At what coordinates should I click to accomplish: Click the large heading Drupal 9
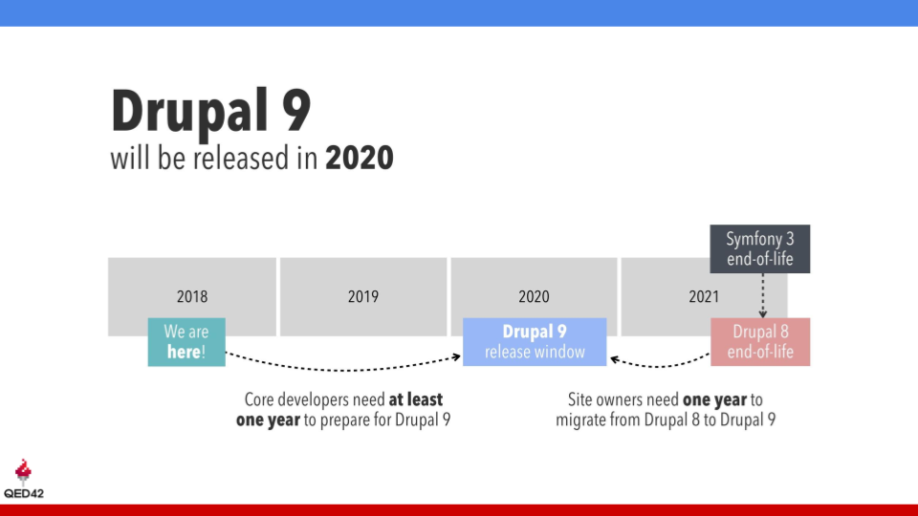(211, 111)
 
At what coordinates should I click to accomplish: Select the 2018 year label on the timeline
(192, 297)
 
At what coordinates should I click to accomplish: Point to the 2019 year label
(362, 297)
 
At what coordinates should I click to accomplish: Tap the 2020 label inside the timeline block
(534, 297)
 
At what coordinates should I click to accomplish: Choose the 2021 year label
(704, 297)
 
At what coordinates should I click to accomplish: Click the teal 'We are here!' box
(186, 342)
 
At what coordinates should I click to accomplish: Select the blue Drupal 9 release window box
(535, 342)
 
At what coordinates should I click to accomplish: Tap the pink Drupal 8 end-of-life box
(760, 342)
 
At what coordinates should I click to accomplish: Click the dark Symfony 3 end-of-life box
(760, 249)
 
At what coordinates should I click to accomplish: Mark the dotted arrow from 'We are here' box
(344, 368)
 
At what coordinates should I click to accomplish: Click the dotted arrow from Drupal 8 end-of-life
(660, 366)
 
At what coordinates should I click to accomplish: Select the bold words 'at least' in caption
(416, 399)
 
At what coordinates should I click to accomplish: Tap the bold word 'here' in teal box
(184, 353)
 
